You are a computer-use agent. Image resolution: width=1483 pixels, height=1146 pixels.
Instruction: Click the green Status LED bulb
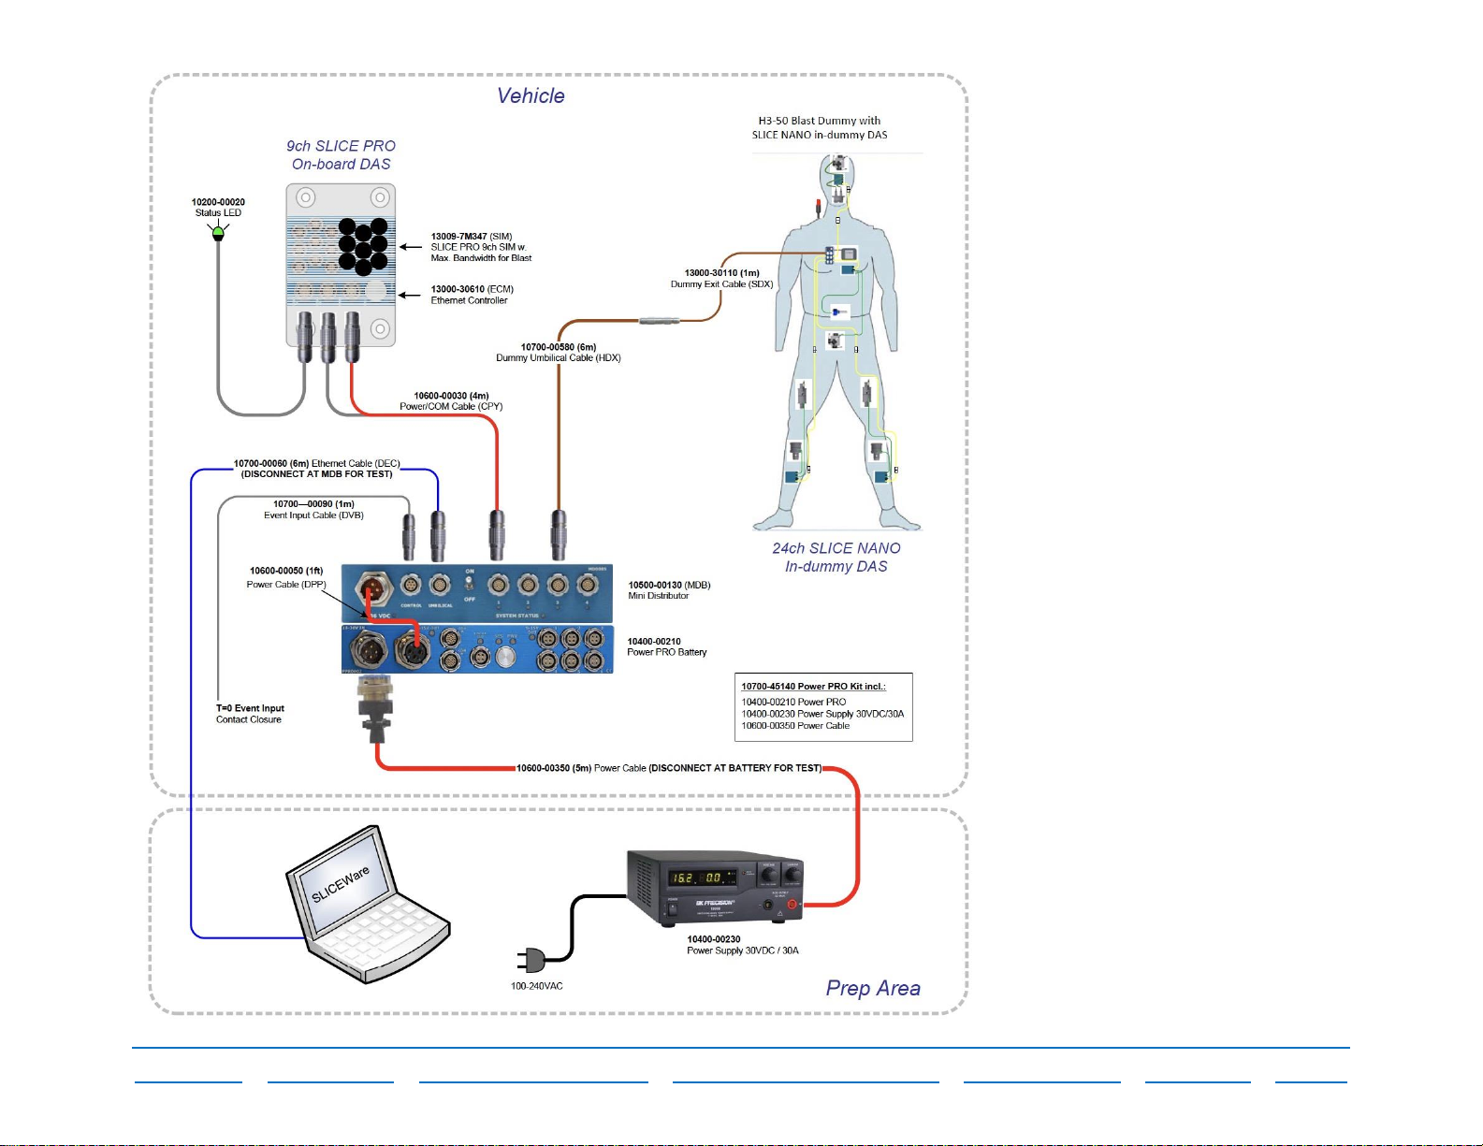(218, 231)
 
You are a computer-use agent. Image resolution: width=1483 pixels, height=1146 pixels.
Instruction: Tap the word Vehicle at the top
(531, 96)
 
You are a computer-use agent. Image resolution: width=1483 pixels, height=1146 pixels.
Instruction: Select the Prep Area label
(873, 989)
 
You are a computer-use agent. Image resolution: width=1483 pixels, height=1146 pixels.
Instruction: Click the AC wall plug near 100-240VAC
(531, 960)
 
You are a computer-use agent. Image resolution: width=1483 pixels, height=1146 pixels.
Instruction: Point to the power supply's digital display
(700, 878)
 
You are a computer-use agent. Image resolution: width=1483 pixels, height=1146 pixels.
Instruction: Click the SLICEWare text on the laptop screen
(341, 884)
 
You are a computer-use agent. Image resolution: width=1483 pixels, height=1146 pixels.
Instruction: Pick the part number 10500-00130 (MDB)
(669, 586)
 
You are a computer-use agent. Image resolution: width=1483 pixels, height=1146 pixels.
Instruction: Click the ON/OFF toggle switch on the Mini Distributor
(470, 585)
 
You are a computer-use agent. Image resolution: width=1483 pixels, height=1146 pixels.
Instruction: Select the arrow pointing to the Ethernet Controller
(409, 295)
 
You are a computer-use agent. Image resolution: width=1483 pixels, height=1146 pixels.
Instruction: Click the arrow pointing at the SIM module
(410, 247)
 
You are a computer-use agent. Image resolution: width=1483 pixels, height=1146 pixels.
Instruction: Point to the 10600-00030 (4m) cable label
(451, 397)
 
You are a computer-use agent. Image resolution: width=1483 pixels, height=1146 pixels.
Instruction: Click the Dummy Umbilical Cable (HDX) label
(558, 358)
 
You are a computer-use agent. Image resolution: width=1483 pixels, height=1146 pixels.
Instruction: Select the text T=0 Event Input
(250, 708)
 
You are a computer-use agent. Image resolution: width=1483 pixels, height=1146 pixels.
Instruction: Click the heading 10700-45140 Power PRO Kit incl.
(813, 687)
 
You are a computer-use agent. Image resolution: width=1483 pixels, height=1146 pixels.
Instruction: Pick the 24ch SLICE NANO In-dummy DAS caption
(836, 558)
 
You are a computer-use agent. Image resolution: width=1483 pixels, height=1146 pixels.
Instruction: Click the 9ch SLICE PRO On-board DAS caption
(341, 155)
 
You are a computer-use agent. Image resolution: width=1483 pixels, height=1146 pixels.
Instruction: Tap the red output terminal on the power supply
(792, 905)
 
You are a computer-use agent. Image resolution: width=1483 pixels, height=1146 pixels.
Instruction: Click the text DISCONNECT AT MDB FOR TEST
(316, 474)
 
